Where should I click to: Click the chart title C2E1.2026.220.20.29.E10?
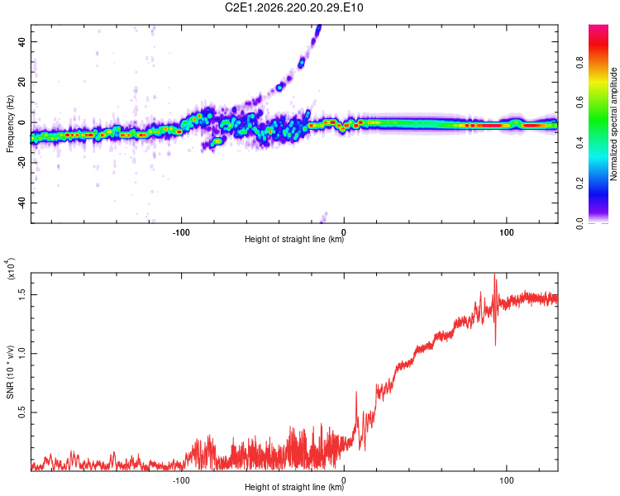pos(293,7)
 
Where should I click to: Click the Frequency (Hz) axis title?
pos(10,123)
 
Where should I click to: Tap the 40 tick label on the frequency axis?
pos(22,41)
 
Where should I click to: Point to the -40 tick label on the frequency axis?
pos(22,202)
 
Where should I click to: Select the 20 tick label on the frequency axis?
pos(22,82)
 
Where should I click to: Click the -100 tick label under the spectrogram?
pos(181,232)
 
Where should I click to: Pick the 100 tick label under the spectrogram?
pos(507,232)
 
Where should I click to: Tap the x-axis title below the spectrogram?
pos(294,239)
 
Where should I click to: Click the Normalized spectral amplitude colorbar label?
pos(613,124)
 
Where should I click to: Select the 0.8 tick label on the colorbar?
pos(579,63)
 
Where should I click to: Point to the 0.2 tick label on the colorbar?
pos(579,184)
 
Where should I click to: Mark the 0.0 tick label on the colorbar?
pos(579,223)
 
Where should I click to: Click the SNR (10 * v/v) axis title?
pos(10,372)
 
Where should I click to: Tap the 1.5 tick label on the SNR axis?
pos(22,294)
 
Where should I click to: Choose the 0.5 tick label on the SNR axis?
pos(22,413)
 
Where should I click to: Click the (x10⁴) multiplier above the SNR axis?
pos(10,269)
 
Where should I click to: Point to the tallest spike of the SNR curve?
pos(494,274)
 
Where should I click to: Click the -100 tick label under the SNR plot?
pos(181,480)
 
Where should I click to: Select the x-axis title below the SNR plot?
pos(294,487)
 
